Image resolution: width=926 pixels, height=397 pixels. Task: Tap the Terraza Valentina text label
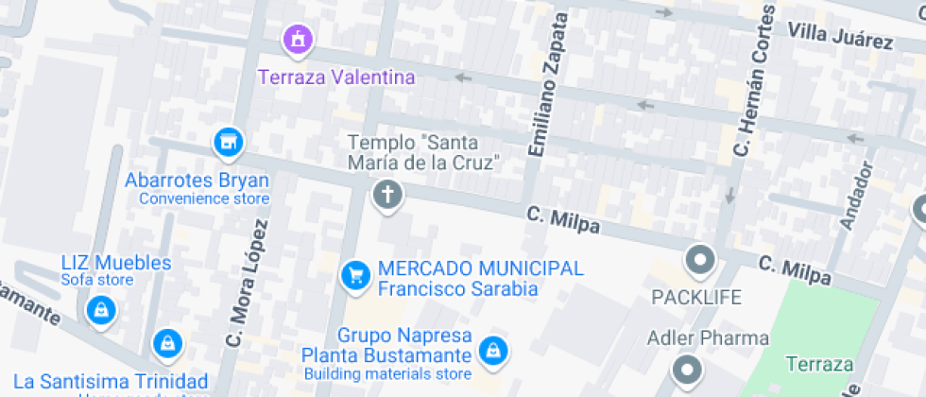click(337, 78)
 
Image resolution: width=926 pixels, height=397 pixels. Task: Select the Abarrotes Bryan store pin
click(227, 144)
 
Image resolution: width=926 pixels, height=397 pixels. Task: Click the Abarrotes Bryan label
click(197, 181)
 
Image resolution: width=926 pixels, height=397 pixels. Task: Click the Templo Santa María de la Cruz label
click(423, 152)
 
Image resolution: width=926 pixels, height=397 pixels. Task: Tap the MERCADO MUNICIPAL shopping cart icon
click(355, 275)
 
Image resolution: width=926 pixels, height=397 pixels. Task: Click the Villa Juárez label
click(840, 37)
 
